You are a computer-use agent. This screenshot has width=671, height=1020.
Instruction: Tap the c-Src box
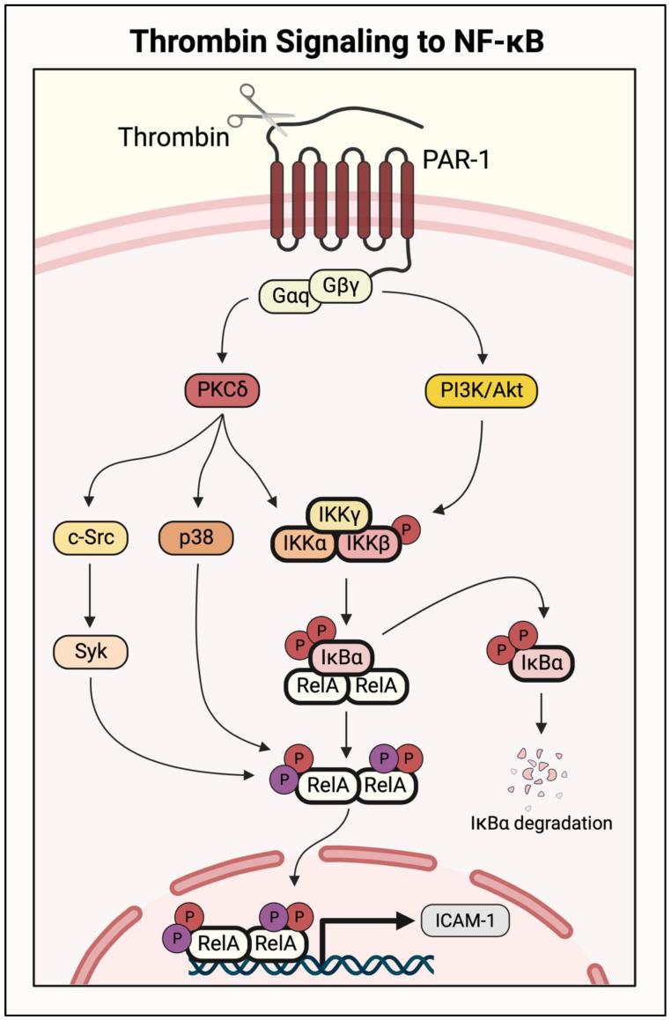click(x=91, y=537)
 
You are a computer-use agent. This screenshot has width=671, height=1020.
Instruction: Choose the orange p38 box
click(x=196, y=537)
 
